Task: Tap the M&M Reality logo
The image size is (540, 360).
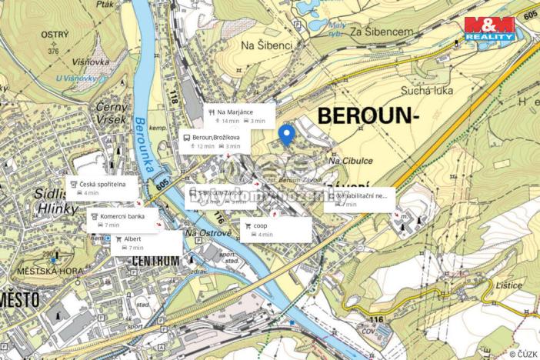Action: point(489,28)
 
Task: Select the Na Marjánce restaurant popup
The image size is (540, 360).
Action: point(240,115)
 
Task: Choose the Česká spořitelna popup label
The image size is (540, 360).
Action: point(102,188)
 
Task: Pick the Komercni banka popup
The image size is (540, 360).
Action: point(122,221)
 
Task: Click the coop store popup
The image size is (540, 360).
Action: point(276,229)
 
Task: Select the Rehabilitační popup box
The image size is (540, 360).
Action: point(358,199)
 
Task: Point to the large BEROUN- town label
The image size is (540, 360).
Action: point(368,116)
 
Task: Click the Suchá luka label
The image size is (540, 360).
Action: point(424,90)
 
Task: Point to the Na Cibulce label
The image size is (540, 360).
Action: point(345,162)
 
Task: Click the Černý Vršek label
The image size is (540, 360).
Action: point(112,114)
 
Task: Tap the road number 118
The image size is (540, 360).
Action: point(172,98)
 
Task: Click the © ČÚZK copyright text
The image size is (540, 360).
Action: point(522,353)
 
